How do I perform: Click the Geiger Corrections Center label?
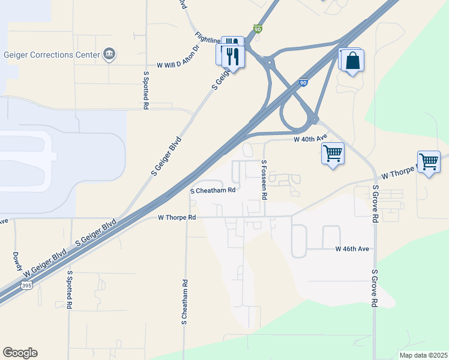[51, 55]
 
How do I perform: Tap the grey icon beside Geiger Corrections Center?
[109, 55]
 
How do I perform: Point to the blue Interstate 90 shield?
[304, 83]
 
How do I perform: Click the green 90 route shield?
[257, 28]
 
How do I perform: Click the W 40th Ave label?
[310, 139]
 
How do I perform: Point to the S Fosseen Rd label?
[264, 179]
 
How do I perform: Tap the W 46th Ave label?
[352, 248]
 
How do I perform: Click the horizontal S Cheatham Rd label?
[212, 191]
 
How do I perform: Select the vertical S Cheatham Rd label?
[185, 302]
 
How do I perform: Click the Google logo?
[20, 353]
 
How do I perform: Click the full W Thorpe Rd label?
[177, 217]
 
